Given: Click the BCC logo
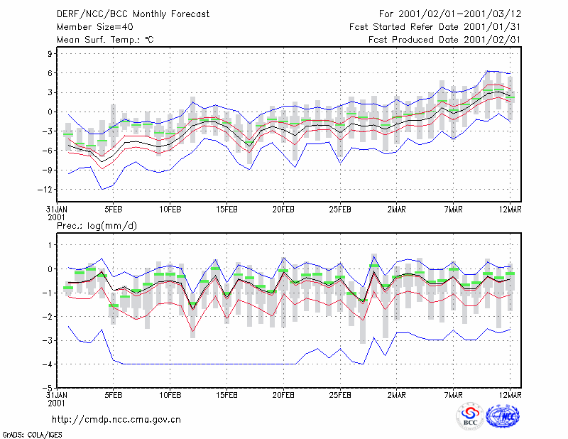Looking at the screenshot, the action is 470,416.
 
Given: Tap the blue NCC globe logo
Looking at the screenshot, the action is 503,416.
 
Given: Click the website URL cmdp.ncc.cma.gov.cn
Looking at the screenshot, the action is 116,420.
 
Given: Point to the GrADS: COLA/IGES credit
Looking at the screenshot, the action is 33,435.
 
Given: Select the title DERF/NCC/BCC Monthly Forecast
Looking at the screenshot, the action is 133,14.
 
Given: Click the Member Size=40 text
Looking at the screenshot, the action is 95,27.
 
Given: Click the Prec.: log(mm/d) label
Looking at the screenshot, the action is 97,226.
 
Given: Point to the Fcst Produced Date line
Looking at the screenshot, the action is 444,40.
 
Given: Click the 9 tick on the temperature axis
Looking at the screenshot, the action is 50,54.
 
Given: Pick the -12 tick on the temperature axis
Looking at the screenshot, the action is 45,190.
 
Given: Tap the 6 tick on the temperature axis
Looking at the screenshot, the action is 50,73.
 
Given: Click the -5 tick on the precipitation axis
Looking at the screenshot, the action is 48,388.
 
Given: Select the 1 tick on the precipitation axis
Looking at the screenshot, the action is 50,245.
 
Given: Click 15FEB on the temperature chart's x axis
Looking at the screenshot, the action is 226,210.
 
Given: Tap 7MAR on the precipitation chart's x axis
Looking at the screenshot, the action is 453,395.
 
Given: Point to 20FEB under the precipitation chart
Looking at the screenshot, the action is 283,395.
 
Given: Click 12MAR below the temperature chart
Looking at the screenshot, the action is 510,210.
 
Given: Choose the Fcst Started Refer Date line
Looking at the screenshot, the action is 435,27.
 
